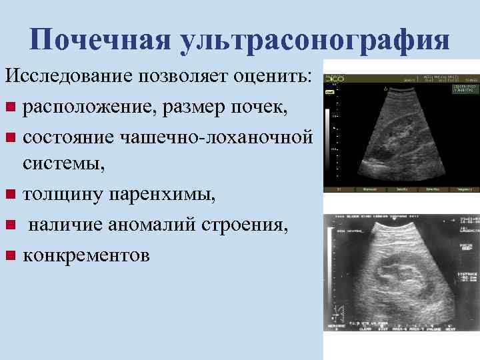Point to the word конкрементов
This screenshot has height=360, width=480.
(x=87, y=256)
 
